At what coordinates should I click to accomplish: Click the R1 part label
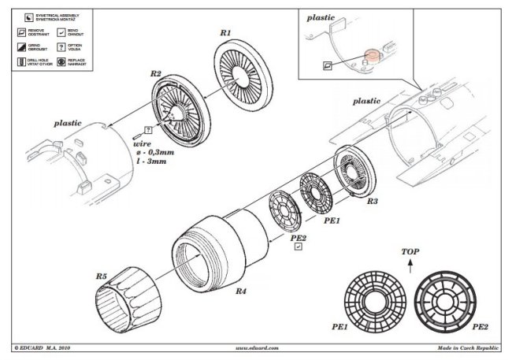tap(224, 34)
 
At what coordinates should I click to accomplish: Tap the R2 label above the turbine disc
tap(155, 74)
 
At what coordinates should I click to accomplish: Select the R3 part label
tap(372, 202)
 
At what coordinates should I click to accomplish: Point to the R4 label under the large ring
tap(241, 291)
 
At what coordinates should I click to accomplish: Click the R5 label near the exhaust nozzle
tap(102, 276)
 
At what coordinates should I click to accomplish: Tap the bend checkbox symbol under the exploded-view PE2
tap(298, 246)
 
